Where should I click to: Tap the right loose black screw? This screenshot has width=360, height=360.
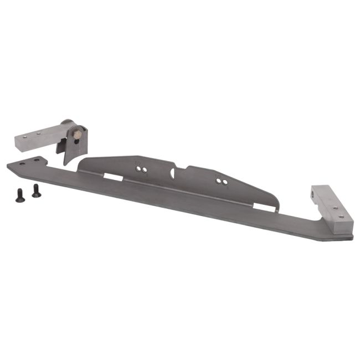pos(36,191)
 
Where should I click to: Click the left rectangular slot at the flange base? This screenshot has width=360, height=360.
pos(114,177)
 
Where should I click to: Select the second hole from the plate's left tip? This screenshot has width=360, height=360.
pos(37,160)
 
